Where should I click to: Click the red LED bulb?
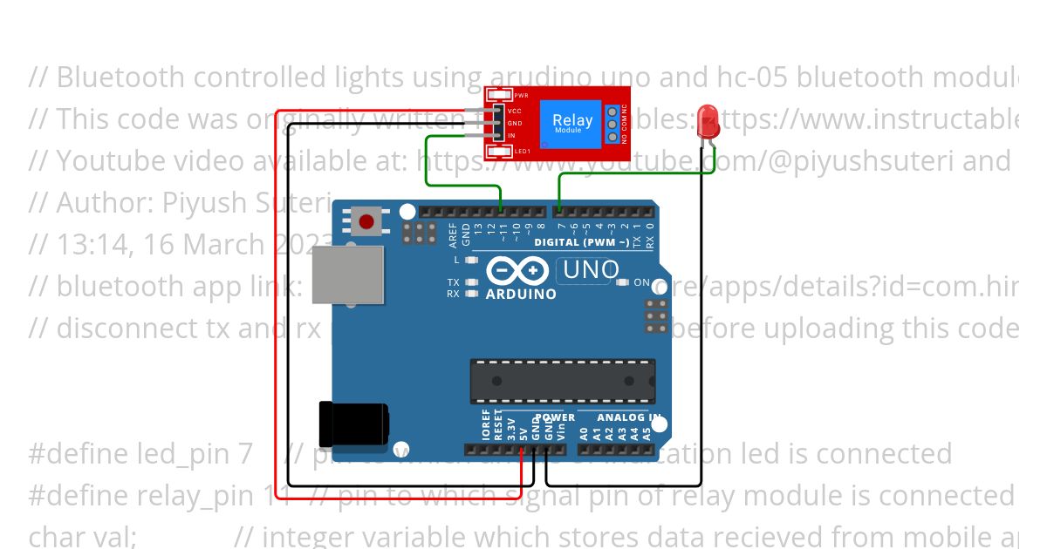tap(708, 120)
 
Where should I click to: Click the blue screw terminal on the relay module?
tap(613, 125)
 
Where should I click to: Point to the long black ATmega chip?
tap(563, 382)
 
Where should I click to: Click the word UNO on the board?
tap(591, 270)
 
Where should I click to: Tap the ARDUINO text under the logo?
tap(521, 295)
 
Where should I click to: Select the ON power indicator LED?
tap(622, 282)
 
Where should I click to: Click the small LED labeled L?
tap(471, 260)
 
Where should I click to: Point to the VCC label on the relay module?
tap(515, 112)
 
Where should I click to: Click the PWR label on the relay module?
tap(521, 95)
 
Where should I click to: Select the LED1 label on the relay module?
tap(522, 152)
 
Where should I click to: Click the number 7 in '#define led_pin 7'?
tap(245, 454)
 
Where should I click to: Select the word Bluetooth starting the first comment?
tap(121, 78)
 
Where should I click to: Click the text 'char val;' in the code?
tap(83, 536)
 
